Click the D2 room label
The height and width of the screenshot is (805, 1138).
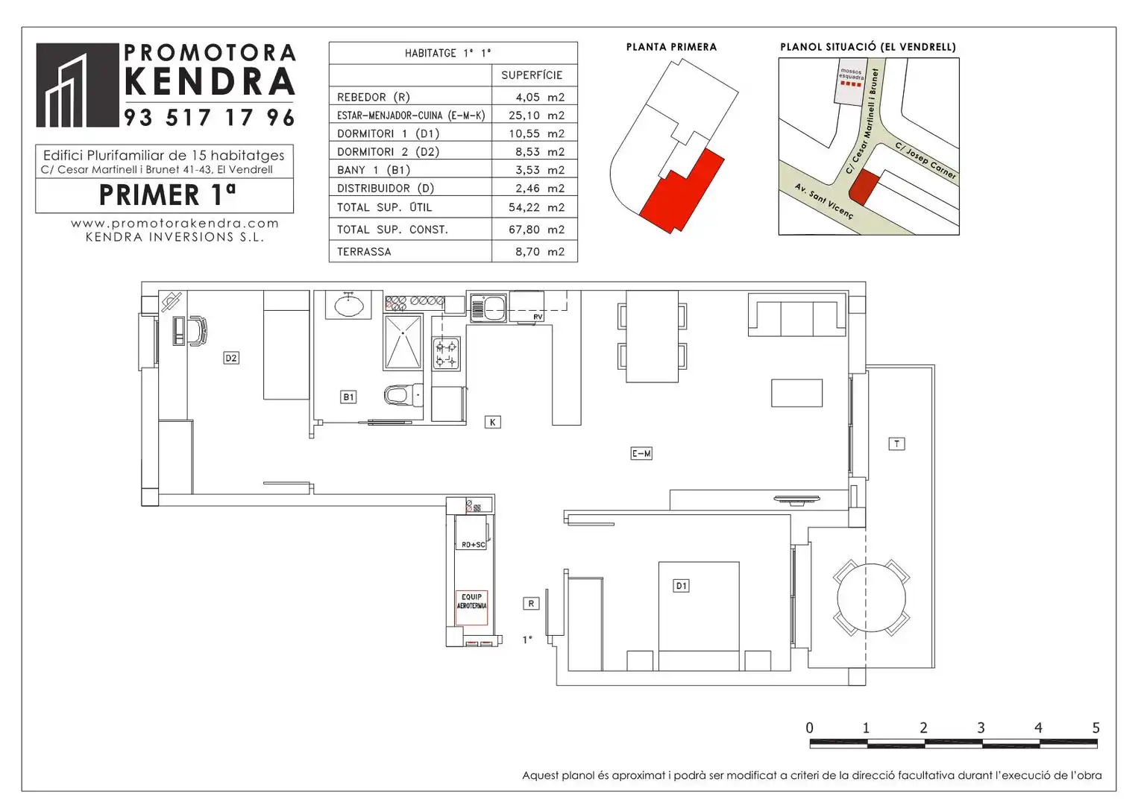(x=231, y=358)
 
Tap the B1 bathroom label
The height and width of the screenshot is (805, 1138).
(x=348, y=397)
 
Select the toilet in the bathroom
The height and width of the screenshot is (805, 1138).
(x=403, y=394)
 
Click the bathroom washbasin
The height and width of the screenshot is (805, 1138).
(x=348, y=305)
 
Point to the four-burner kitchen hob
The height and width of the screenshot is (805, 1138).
(x=446, y=353)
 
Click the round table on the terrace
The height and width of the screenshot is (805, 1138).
(x=871, y=598)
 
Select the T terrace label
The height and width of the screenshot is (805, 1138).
(x=896, y=444)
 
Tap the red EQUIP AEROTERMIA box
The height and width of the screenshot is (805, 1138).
(x=471, y=607)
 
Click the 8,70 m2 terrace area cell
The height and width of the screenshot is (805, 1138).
(x=539, y=252)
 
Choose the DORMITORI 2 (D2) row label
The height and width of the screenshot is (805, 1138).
(x=388, y=152)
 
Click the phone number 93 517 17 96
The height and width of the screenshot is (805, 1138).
(x=210, y=117)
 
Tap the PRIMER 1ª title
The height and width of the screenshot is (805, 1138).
(x=167, y=194)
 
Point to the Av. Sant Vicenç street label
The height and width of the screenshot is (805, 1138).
(x=823, y=201)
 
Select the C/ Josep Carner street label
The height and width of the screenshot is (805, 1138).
(x=925, y=160)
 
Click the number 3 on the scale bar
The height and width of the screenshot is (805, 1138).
(x=981, y=727)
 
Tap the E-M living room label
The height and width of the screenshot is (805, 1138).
(x=641, y=453)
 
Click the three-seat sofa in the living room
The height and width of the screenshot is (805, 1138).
(x=797, y=318)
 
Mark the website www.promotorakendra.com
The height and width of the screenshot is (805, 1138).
(x=175, y=224)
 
